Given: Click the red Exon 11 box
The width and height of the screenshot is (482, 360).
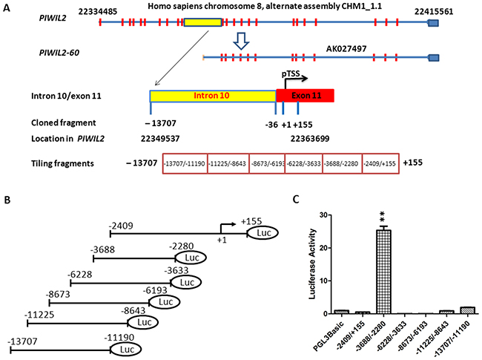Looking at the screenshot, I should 305,95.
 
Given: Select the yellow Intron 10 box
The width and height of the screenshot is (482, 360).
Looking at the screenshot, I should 213,95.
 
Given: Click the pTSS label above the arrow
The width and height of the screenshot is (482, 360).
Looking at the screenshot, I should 291,74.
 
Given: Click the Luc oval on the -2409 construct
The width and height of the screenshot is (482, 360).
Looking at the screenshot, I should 261,233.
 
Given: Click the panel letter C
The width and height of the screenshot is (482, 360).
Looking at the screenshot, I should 316,199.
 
